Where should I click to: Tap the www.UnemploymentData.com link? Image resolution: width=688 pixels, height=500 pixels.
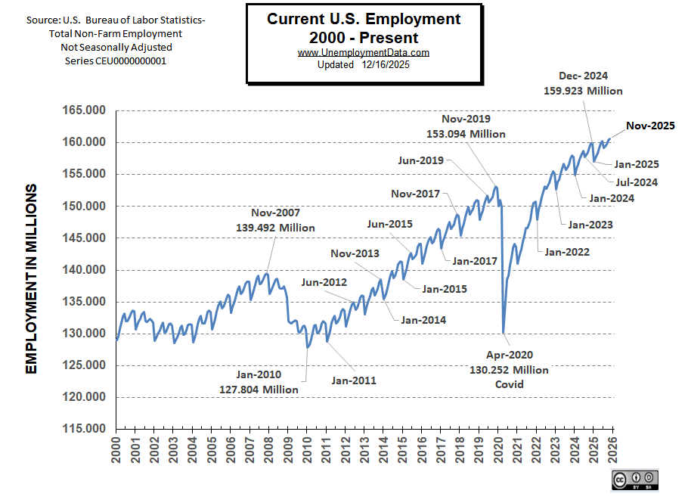(x=364, y=53)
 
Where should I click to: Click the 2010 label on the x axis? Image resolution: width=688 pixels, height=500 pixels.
(x=308, y=452)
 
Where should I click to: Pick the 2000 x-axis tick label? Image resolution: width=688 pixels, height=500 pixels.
(x=116, y=452)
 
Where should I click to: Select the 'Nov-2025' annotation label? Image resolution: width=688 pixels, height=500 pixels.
(x=650, y=126)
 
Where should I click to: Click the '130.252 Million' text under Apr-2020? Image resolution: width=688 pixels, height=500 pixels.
(x=508, y=370)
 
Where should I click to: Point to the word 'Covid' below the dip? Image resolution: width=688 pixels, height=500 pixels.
(x=508, y=384)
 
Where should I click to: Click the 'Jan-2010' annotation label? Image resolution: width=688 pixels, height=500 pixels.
(x=258, y=375)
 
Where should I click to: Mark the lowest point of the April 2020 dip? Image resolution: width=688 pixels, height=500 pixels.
(x=504, y=332)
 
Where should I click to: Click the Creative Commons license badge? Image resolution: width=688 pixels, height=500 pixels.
(x=635, y=479)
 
